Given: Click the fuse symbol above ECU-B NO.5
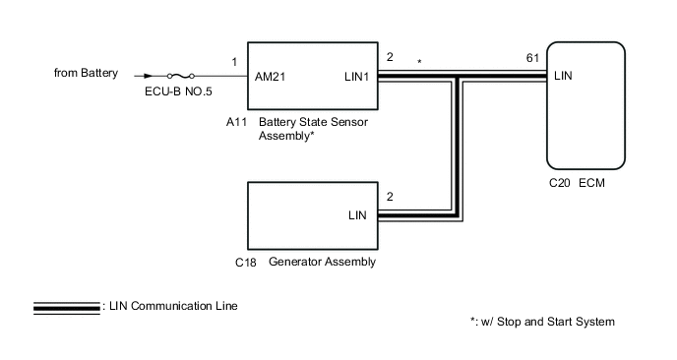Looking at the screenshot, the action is pyautogui.click(x=180, y=76).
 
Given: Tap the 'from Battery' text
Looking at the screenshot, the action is pyautogui.click(x=86, y=73).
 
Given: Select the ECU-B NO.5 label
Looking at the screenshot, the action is pyautogui.click(x=178, y=91).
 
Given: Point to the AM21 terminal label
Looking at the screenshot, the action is pyautogui.click(x=270, y=77).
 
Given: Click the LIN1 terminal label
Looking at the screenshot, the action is pyautogui.click(x=356, y=77).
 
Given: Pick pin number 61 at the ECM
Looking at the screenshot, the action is pyautogui.click(x=532, y=58).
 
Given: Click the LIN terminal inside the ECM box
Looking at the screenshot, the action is pyautogui.click(x=563, y=76).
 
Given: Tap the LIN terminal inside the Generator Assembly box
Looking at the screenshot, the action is pyautogui.click(x=357, y=215).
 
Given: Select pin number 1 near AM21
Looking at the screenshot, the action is pyautogui.click(x=234, y=62).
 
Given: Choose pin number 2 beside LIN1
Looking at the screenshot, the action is pyautogui.click(x=390, y=57).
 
